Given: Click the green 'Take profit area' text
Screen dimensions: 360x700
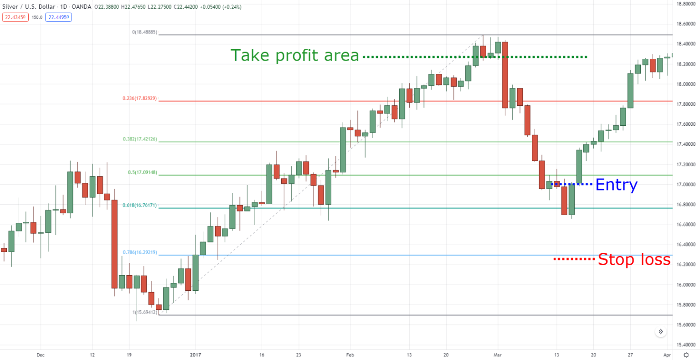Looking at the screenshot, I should (x=295, y=56).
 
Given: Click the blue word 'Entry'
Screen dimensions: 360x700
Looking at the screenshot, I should (x=616, y=185).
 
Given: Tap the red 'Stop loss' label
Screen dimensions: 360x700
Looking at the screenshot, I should (x=634, y=259).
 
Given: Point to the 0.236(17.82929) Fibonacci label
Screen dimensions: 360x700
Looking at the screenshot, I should (x=139, y=98).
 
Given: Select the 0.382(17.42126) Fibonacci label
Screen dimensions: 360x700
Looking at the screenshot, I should (x=140, y=139).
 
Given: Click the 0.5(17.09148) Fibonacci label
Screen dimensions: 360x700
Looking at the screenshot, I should (x=142, y=172).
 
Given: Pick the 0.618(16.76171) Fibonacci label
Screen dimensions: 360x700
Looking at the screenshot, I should (x=139, y=205).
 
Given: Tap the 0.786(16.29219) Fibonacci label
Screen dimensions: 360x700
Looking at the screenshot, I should (x=139, y=252).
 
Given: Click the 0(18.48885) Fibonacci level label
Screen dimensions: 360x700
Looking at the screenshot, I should (x=144, y=32).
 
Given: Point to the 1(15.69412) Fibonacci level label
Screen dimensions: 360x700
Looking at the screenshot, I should (x=144, y=312).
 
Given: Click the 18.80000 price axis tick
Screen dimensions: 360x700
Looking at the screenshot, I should (x=686, y=4).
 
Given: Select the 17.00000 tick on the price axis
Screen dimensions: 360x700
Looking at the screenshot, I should (x=686, y=184).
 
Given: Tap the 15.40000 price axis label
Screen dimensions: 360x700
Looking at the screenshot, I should (x=686, y=345).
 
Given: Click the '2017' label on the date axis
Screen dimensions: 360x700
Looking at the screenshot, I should (x=196, y=355).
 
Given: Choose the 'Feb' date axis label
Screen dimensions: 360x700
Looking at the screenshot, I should (x=350, y=355).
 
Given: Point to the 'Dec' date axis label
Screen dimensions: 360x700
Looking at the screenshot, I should (x=41, y=355).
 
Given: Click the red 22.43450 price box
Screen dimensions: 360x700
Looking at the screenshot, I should (x=15, y=17).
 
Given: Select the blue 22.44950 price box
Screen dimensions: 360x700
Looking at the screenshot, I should (x=58, y=17).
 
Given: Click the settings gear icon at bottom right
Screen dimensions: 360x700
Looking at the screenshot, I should (x=686, y=355).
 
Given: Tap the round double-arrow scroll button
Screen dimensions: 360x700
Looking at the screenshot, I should (x=661, y=332).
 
